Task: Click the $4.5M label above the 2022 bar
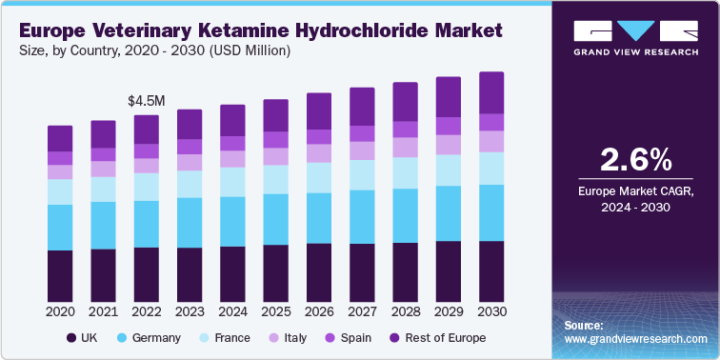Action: (x=146, y=99)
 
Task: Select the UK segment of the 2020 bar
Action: (x=60, y=275)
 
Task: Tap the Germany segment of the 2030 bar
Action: (x=491, y=212)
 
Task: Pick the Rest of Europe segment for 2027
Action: (x=362, y=107)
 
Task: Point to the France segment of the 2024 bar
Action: (x=232, y=181)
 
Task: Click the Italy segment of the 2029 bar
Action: (x=449, y=144)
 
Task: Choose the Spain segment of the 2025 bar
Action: (x=275, y=139)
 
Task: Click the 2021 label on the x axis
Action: (x=103, y=311)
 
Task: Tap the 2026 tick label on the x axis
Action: (x=319, y=311)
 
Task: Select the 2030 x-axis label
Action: (x=491, y=311)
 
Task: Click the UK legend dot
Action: (x=70, y=338)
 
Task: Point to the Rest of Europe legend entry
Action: (x=438, y=338)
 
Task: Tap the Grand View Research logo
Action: (x=636, y=38)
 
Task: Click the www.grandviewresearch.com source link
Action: (x=635, y=338)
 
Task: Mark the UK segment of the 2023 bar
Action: (x=190, y=274)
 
